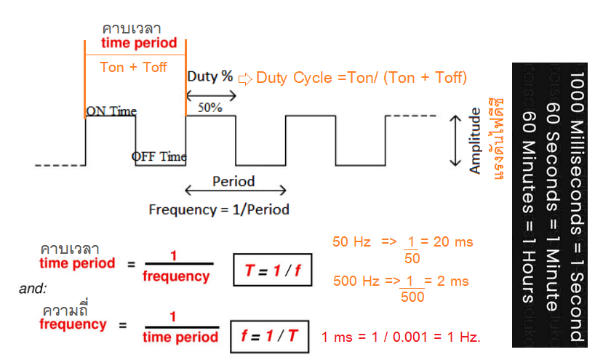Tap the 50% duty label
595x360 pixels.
pyautogui.click(x=210, y=107)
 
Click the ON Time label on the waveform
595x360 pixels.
pyautogui.click(x=111, y=111)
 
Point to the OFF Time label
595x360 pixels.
pyautogui.click(x=159, y=156)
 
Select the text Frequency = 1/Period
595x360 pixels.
pyautogui.click(x=219, y=209)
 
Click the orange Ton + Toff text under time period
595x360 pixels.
pyautogui.click(x=133, y=67)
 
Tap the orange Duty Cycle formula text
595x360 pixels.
pyautogui.click(x=362, y=78)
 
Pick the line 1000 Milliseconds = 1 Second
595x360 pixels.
pyautogui.click(x=576, y=206)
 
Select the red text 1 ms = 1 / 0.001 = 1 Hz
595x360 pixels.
pyautogui.click(x=401, y=338)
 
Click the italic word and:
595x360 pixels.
pyautogui.click(x=33, y=289)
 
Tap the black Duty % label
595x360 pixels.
pyautogui.click(x=209, y=76)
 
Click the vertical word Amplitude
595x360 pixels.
pyautogui.click(x=475, y=141)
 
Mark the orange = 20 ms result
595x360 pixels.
pyautogui.click(x=449, y=242)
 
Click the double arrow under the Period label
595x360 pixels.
pyautogui.click(x=233, y=191)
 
